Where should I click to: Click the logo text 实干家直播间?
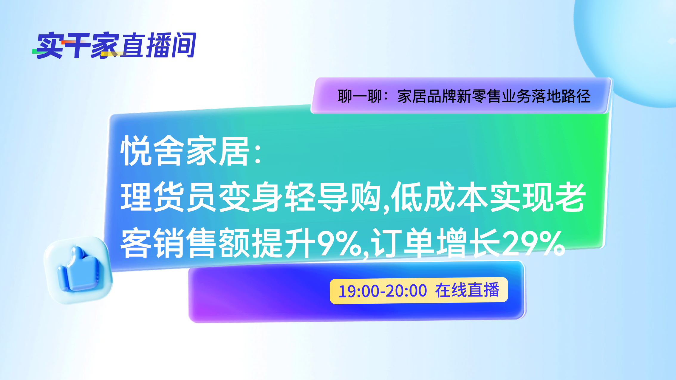[x=114, y=45]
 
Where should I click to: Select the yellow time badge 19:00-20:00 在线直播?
[x=419, y=290]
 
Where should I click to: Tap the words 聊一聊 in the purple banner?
[x=360, y=96]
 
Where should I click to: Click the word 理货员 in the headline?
[x=168, y=197]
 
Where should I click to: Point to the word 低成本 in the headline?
[x=440, y=197]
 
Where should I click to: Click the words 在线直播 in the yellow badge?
[x=467, y=290]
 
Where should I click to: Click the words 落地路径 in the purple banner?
[x=561, y=96]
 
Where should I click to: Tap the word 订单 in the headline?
[x=403, y=243]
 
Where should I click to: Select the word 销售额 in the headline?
[x=202, y=243]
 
